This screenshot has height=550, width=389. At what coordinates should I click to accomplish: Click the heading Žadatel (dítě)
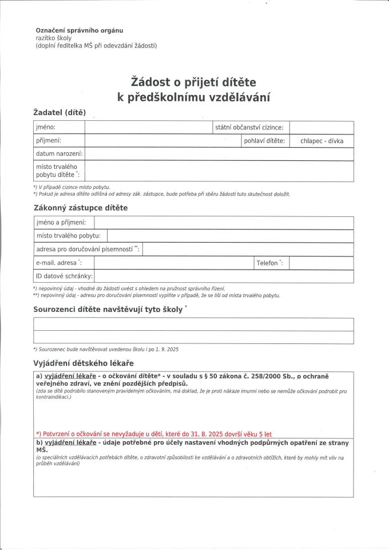tap(59, 112)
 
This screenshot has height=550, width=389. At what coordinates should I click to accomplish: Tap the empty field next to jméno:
tap(148, 128)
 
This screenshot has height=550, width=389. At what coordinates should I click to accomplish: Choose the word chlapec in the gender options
tap(312, 141)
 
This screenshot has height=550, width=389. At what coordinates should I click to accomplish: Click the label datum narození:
tap(59, 154)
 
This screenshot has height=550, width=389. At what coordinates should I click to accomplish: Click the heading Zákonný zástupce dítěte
tap(81, 207)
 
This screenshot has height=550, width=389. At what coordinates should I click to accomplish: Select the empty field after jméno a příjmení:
tap(223, 223)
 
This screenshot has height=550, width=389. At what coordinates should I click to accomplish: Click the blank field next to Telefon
tap(321, 263)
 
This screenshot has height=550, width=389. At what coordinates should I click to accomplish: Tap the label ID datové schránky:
tap(65, 276)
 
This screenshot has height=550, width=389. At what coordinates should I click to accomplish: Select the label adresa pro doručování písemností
tap(85, 250)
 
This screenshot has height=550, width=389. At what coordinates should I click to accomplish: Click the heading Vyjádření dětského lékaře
tap(83, 363)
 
